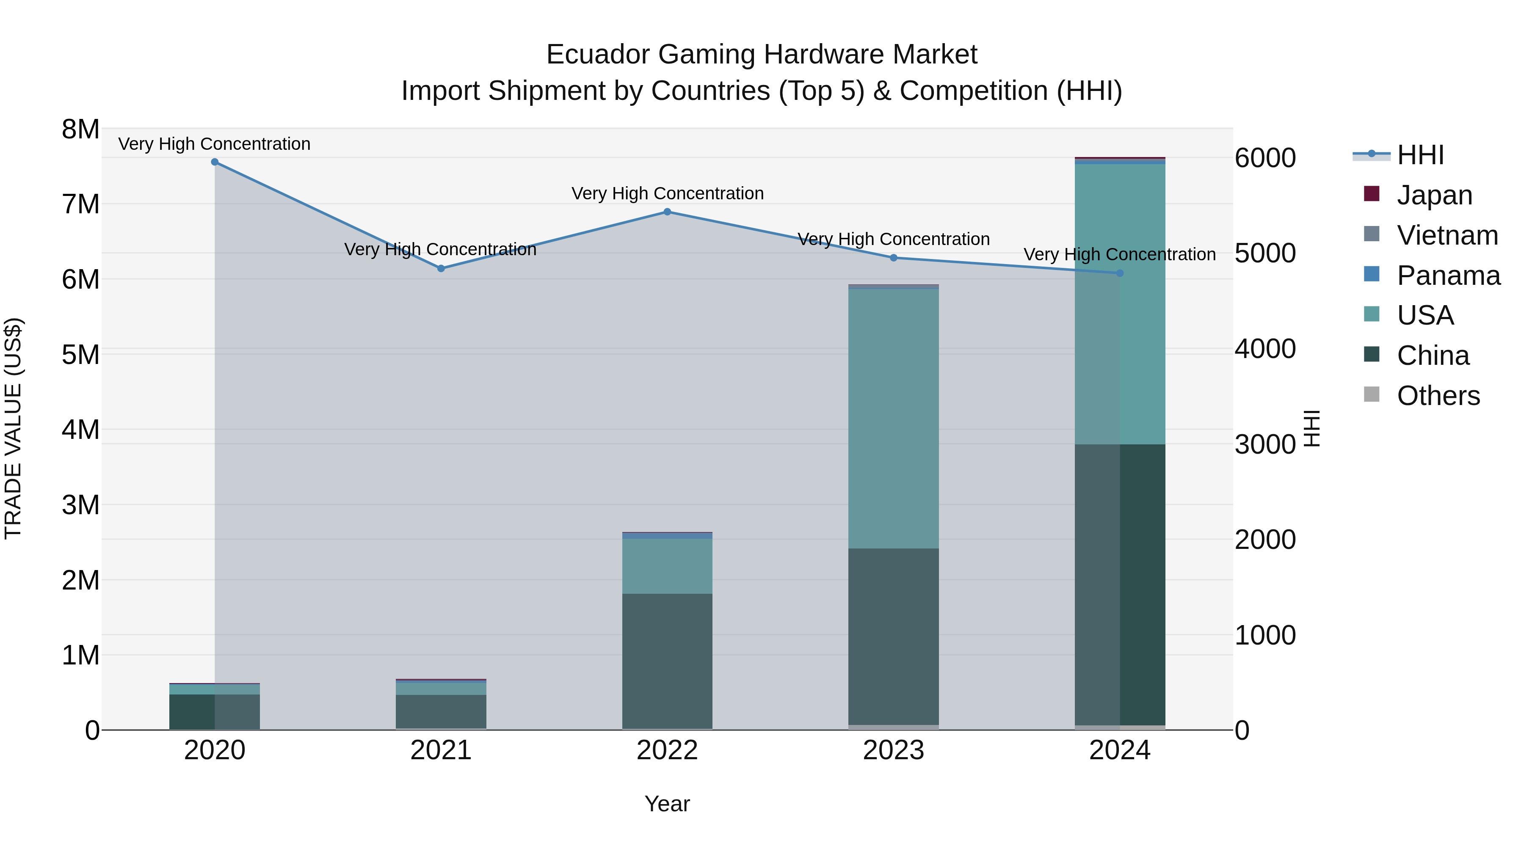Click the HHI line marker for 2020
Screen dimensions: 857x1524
pos(215,162)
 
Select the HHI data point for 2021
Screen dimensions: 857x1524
pos(441,268)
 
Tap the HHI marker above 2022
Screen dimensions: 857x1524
pos(667,212)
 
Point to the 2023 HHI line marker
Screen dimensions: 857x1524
pos(893,258)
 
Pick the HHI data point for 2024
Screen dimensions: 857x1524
pos(1120,273)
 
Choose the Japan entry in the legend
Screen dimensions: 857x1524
pos(1434,195)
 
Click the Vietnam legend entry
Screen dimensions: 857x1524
pos(1447,235)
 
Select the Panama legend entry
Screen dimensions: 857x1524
pos(1448,276)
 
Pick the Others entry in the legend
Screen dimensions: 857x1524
pos(1438,396)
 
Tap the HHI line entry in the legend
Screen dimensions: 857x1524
pos(1420,155)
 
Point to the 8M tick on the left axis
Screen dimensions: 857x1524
pos(80,129)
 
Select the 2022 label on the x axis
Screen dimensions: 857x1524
pos(667,750)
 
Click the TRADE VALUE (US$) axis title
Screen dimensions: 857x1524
pos(14,429)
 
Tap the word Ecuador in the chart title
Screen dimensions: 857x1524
pos(597,55)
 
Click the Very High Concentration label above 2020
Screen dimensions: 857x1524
pos(214,144)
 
